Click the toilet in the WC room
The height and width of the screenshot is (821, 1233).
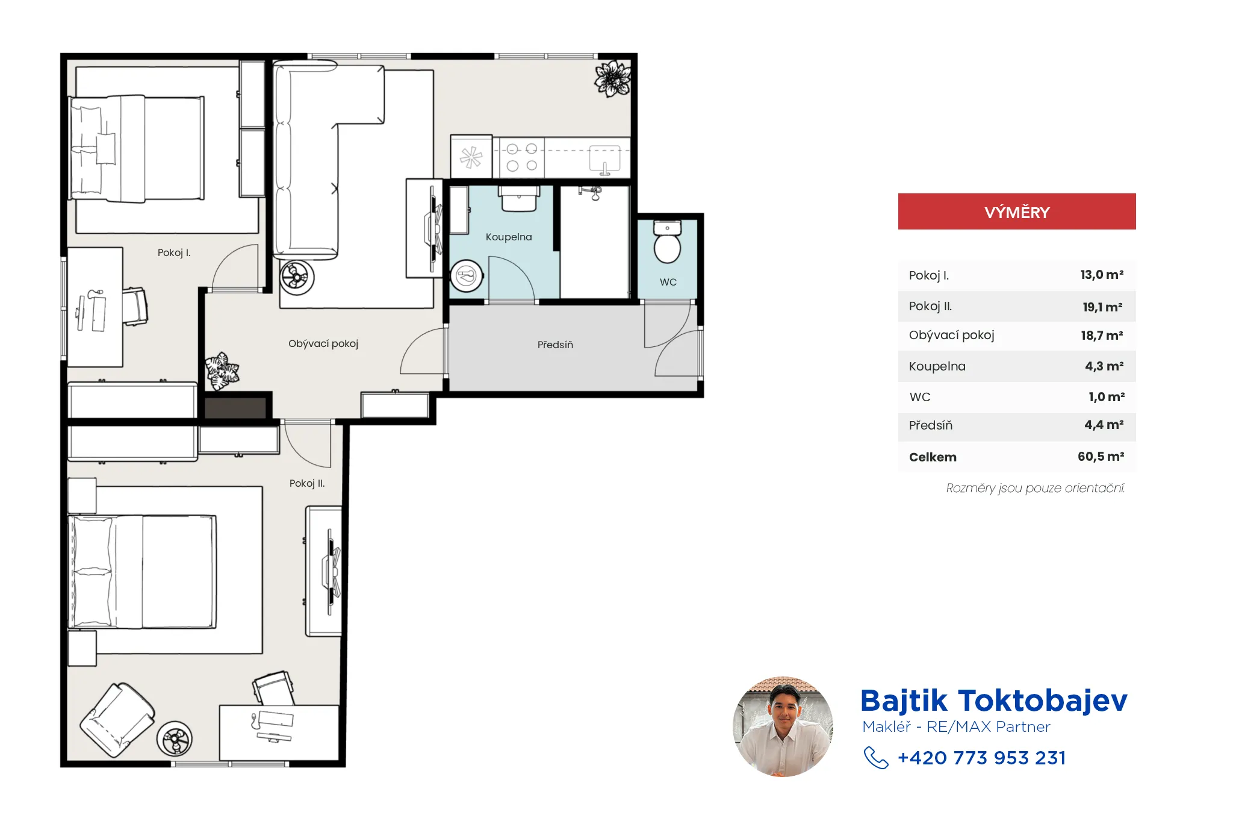coord(667,242)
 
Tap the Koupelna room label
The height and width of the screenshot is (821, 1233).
coord(509,237)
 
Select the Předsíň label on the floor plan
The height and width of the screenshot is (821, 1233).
coord(555,345)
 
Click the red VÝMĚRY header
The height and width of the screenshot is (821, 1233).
coord(1017,211)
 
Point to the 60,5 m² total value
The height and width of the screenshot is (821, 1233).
coord(1101,457)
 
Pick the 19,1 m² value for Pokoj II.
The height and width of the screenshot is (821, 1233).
coord(1102,307)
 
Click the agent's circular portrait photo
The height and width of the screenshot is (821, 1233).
coord(783,726)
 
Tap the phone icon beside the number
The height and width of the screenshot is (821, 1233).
coord(876,758)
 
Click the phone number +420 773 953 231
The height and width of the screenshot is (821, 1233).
coord(981,758)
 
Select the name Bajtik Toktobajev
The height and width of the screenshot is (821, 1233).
coord(993,701)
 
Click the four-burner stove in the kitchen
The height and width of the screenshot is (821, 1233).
coord(521,157)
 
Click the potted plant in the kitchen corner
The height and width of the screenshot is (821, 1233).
coord(612,78)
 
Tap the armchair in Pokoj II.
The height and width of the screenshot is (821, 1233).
coord(117,719)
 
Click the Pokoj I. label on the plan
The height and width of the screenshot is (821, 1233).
coord(174,252)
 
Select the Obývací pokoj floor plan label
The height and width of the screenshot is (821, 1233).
coord(323,343)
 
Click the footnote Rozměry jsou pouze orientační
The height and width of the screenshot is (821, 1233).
coord(1035,488)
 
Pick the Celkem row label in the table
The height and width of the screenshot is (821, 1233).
coord(933,457)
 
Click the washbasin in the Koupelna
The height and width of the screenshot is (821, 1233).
coord(519,199)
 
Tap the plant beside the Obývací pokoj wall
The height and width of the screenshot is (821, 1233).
coord(222,370)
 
